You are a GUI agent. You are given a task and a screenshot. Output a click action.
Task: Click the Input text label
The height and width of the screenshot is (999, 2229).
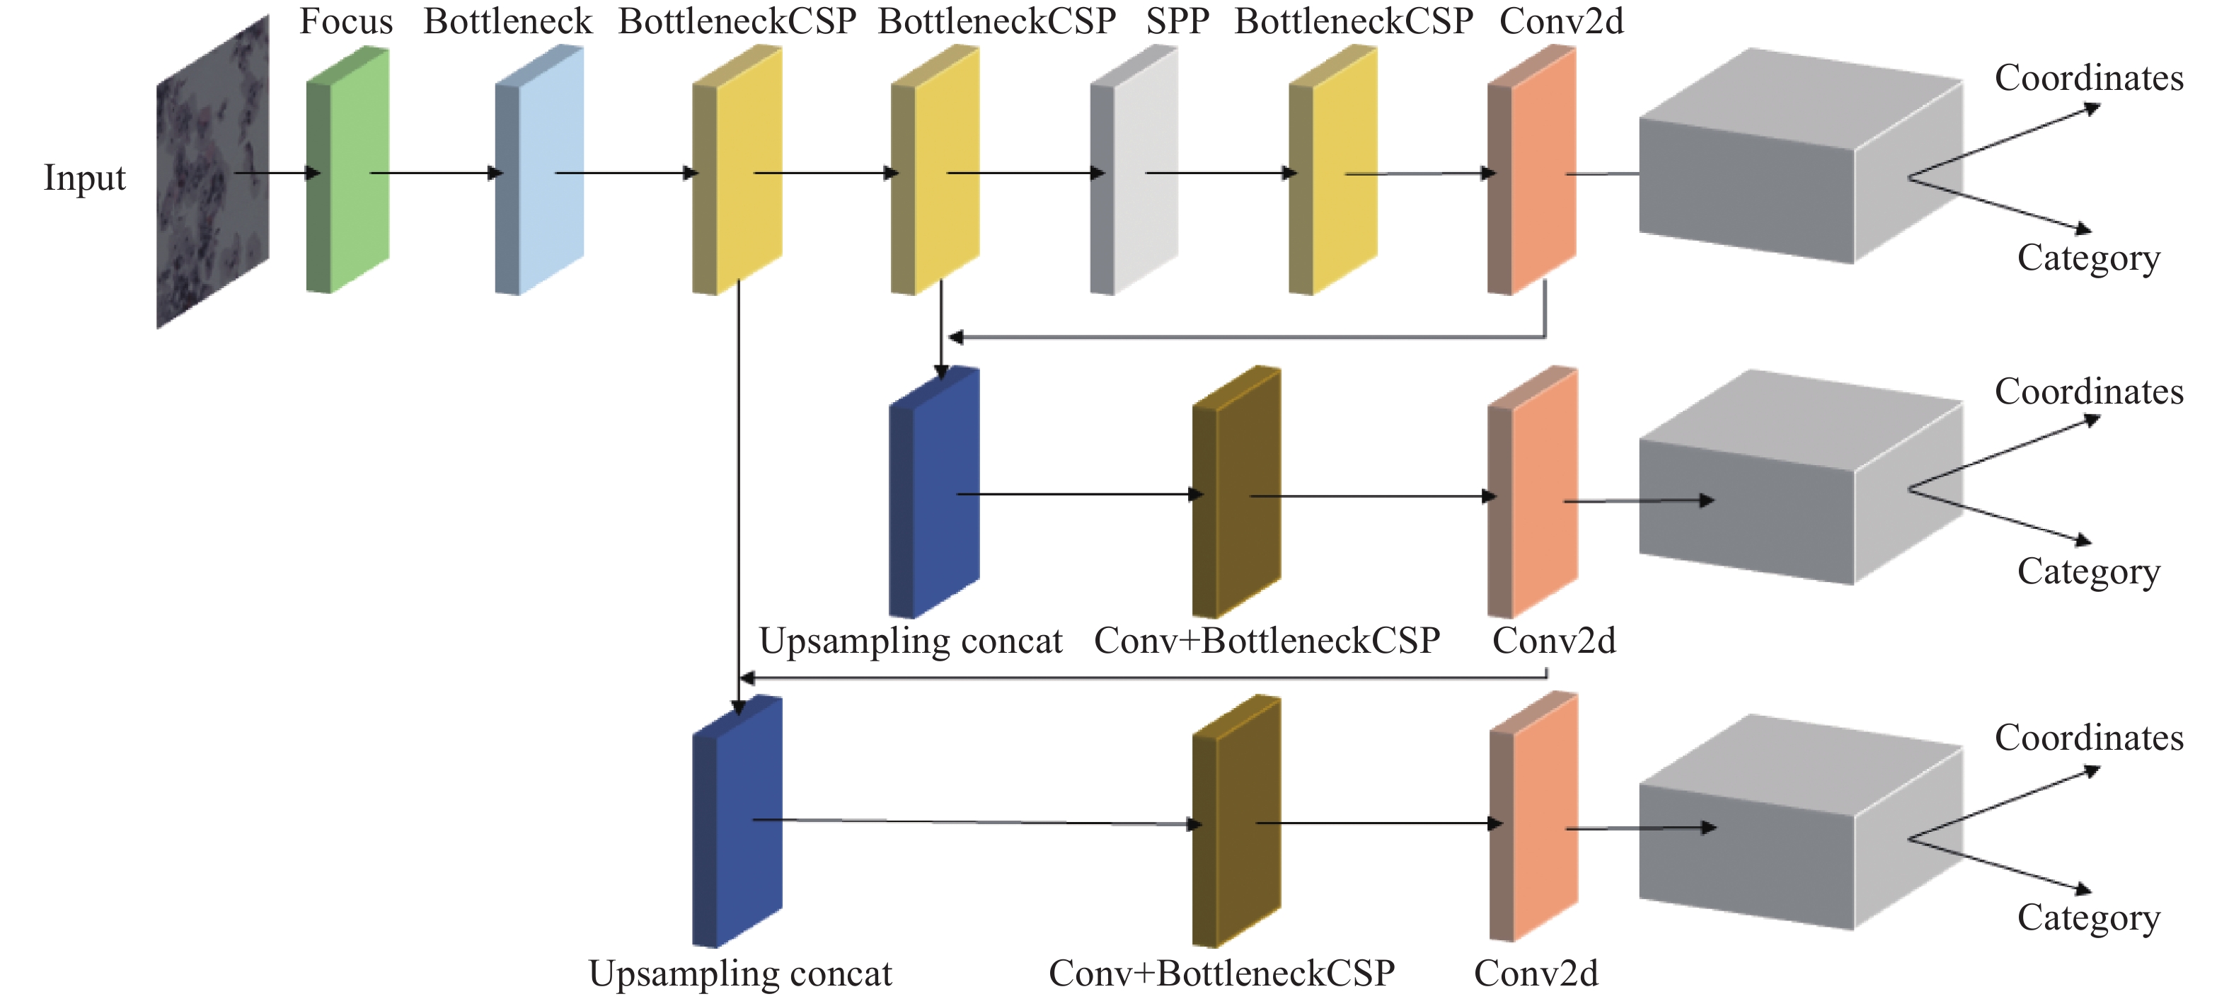(x=85, y=178)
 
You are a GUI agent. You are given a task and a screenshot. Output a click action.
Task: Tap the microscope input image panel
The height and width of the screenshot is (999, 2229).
(x=213, y=171)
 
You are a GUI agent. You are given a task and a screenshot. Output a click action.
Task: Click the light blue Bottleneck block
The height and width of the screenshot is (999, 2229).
(x=539, y=170)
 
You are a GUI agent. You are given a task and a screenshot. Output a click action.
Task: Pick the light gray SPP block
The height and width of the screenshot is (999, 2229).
(x=1134, y=170)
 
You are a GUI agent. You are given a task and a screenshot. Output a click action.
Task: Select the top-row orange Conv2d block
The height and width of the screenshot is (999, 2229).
(x=1531, y=170)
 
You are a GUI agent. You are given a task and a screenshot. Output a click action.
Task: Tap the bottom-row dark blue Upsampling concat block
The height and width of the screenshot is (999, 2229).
(x=737, y=821)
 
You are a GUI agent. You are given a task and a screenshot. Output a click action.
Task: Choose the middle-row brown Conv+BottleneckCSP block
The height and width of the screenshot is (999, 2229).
(x=1236, y=491)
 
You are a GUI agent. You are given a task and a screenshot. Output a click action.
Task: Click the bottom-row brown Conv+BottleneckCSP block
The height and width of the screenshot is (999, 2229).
(x=1236, y=821)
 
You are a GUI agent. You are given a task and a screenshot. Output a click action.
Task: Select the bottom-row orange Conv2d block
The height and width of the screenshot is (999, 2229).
(x=1533, y=816)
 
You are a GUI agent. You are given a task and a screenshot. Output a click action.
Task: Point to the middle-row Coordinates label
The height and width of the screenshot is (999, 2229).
(x=2089, y=392)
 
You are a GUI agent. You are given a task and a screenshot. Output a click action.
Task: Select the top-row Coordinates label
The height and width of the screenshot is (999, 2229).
(x=2089, y=78)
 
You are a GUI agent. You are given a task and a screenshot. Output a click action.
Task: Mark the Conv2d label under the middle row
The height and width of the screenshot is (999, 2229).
(x=1554, y=641)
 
